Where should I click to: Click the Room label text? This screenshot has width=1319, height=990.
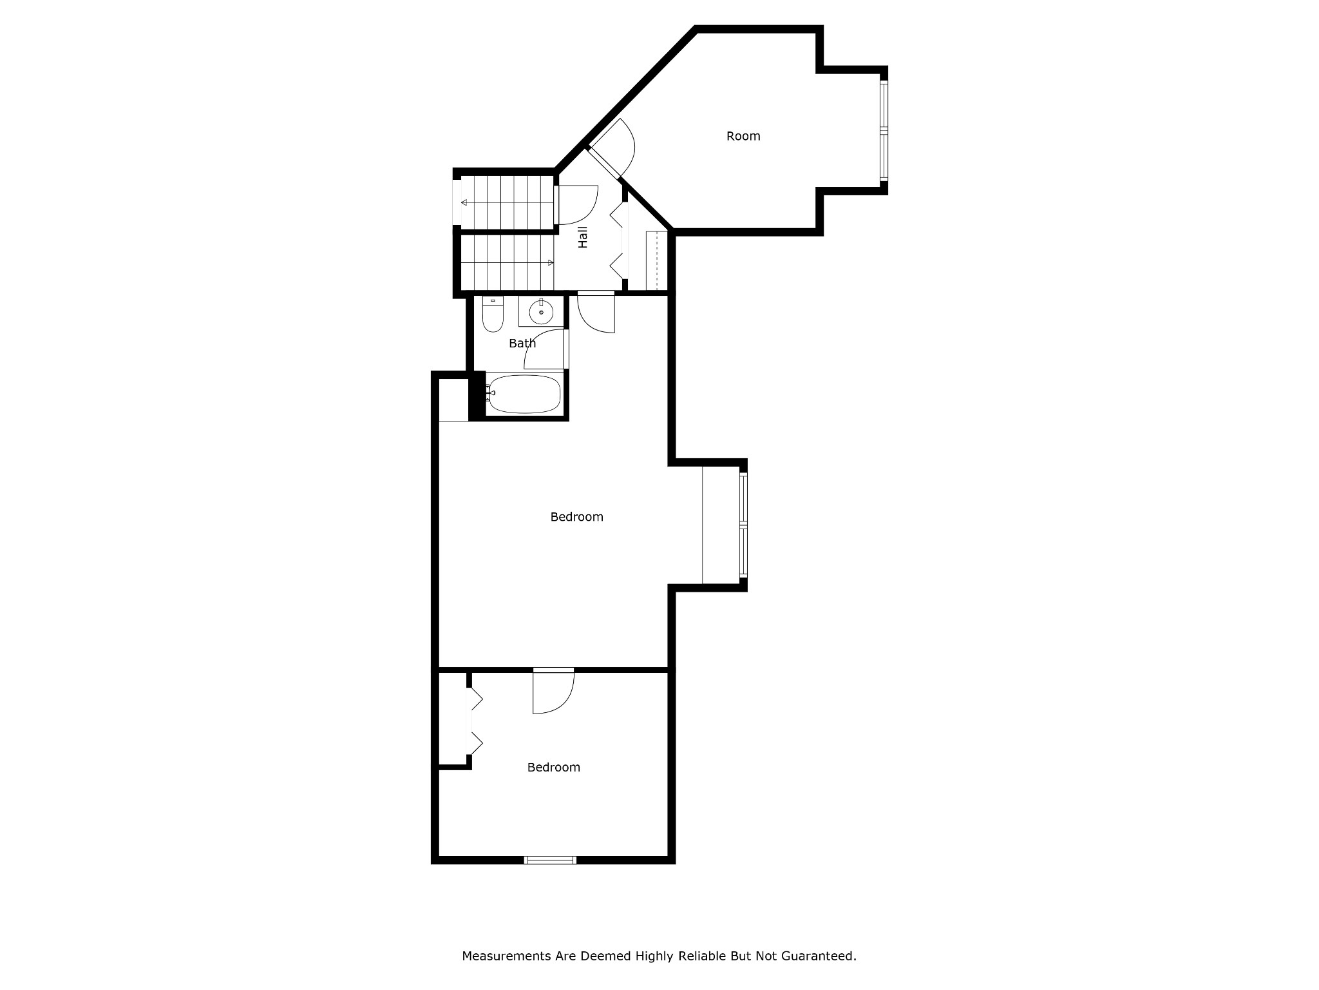click(743, 136)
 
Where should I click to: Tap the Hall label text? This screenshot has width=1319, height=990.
click(583, 237)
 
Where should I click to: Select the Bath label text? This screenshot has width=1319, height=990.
click(522, 344)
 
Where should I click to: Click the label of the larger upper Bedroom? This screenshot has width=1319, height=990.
click(576, 517)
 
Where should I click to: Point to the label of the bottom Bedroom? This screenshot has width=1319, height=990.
click(553, 768)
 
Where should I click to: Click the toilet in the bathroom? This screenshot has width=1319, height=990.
click(493, 316)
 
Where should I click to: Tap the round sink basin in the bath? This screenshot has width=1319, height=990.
click(541, 313)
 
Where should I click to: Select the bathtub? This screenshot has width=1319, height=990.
click(524, 393)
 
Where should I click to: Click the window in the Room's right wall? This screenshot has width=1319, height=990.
click(884, 133)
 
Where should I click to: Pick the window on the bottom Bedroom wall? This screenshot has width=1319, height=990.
click(549, 860)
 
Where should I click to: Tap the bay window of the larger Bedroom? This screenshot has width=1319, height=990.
click(743, 525)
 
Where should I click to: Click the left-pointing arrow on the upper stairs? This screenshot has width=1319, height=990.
click(464, 202)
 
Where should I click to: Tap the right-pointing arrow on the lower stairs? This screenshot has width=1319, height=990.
click(550, 263)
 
